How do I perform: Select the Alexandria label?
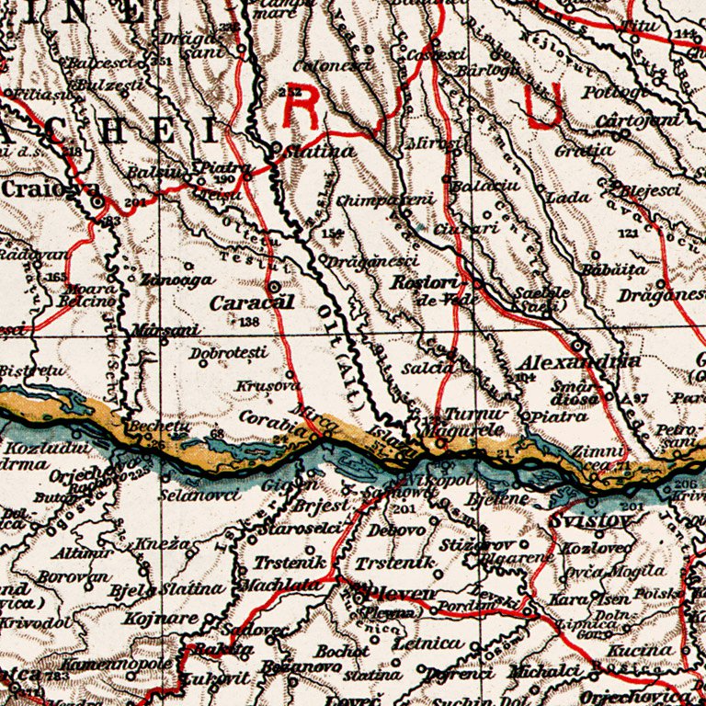(x=577, y=361)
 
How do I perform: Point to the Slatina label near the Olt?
(x=319, y=151)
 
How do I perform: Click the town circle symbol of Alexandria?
(x=577, y=346)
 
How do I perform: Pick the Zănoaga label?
(x=180, y=279)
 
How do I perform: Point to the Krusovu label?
(x=262, y=386)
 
